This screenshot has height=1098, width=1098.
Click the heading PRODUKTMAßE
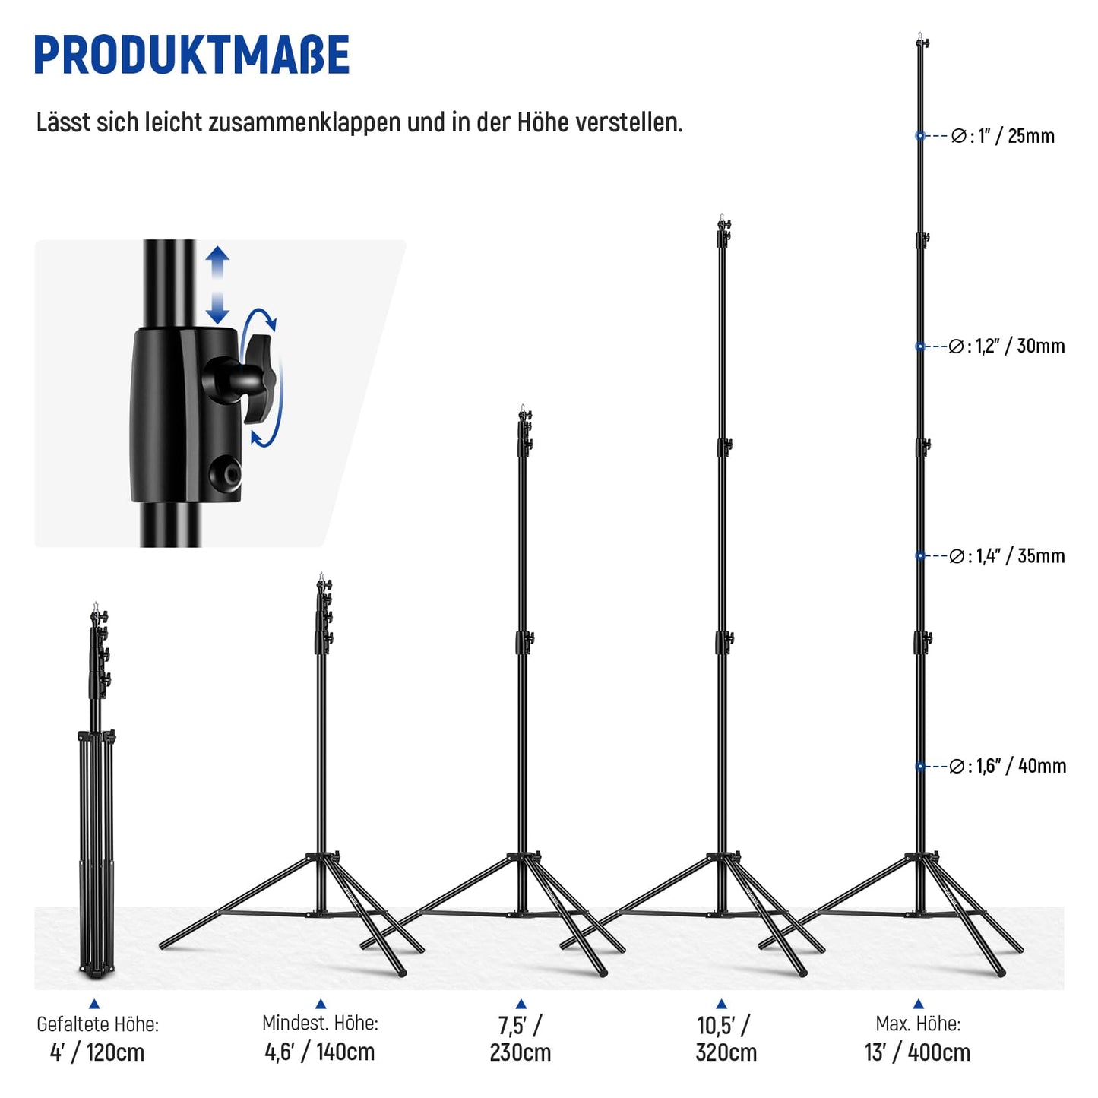pos(191,54)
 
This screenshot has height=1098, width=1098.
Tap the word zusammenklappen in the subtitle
pos(304,122)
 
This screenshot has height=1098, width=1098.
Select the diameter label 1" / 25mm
pos(1002,136)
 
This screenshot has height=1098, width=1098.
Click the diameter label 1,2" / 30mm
pos(1006,346)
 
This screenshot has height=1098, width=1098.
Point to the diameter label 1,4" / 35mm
pos(1007,555)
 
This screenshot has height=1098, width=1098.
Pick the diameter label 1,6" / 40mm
pos(1008,766)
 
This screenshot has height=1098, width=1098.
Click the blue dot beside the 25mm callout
pos(919,135)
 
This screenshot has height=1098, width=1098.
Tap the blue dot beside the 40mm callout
pos(919,767)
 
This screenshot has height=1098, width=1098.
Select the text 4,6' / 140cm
pos(320,1052)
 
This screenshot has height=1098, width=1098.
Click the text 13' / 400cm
pos(917,1052)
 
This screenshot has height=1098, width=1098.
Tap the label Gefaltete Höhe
pos(97,1024)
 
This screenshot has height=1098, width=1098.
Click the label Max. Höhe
pos(918,1024)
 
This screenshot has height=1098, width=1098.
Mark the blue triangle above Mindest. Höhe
pos(321,1004)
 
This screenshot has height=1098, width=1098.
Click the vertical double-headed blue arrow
pos(217,285)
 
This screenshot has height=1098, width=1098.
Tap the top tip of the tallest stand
pos(919,33)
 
